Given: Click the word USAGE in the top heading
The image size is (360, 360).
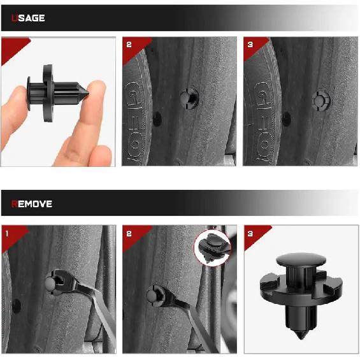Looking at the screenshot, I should [x=28, y=18].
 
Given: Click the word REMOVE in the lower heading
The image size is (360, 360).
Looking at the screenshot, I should [x=32, y=205].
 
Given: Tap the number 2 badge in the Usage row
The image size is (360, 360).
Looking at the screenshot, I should [x=129, y=45].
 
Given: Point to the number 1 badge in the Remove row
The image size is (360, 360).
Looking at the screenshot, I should [x=8, y=233].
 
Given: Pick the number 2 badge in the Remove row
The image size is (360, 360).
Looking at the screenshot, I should [x=129, y=233].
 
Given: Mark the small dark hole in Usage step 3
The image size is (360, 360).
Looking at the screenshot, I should [x=286, y=118].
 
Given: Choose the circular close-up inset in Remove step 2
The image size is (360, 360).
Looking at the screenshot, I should [x=213, y=247].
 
